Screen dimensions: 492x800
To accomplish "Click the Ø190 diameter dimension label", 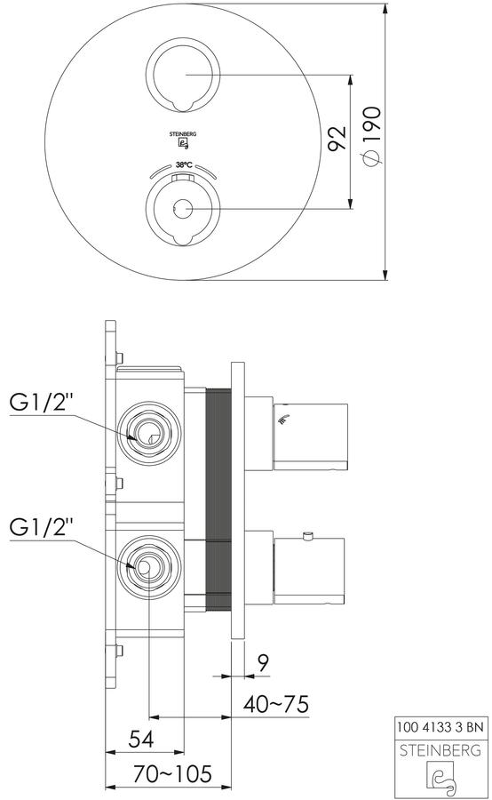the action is pos(373,136).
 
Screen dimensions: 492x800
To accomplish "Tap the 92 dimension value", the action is pos(337,139).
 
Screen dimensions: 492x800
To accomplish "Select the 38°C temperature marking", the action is pos(184,164).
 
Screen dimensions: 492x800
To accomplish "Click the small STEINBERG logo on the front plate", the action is pos(183,140).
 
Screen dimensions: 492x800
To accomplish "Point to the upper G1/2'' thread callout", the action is pos(42,403).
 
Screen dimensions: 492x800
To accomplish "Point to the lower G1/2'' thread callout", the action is pos(42,527).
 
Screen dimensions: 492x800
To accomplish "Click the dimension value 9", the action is pos(262,663).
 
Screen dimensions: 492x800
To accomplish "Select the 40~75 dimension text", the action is pos(276,704).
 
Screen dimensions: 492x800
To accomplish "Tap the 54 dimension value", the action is pos(141,740).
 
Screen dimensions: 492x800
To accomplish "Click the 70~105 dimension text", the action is pos(171,774).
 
